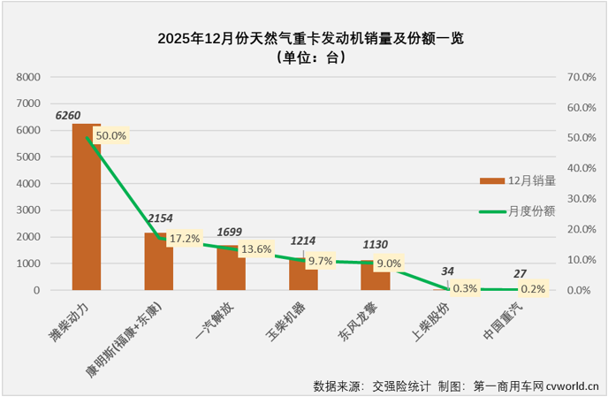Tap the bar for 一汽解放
coord(231,270)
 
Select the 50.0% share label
coord(110,136)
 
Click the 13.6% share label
coord(255,249)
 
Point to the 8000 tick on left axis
coord(30,77)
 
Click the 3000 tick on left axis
coord(30,210)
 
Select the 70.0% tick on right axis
coord(583,77)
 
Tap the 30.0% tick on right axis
coord(583,199)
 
